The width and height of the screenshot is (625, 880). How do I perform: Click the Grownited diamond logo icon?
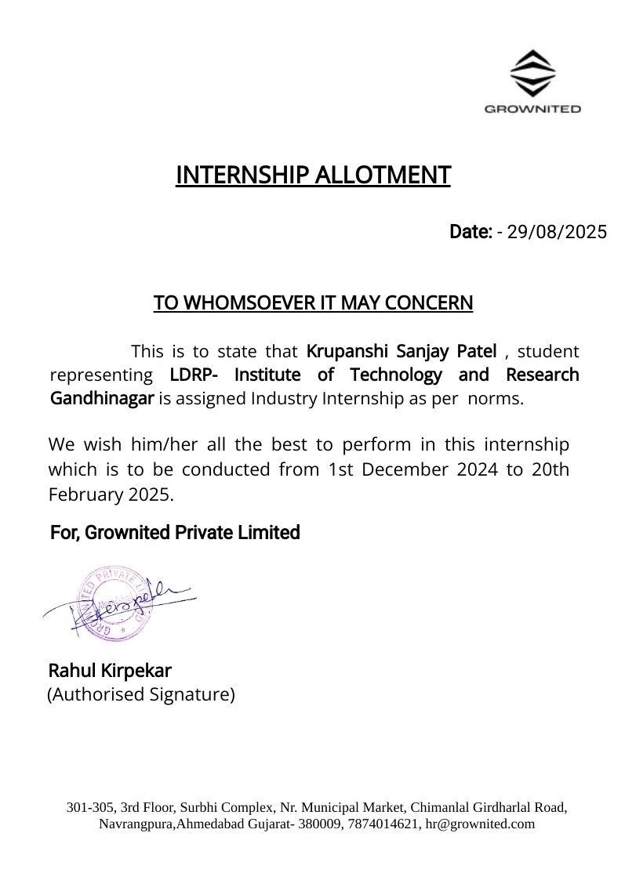point(532,73)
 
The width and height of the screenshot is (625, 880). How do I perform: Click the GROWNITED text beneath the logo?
point(532,109)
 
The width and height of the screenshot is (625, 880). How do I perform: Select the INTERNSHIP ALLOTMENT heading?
point(313,175)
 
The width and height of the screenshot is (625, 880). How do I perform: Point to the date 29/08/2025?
point(557,232)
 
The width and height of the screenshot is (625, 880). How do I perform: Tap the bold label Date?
point(471,232)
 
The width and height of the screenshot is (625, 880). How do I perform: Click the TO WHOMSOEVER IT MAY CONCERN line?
point(313,302)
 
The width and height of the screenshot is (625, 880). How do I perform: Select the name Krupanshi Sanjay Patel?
point(402,350)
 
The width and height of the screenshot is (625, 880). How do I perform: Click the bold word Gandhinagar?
point(102,398)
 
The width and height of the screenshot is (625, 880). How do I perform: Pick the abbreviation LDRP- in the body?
point(194,375)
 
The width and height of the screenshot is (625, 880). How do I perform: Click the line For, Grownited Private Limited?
point(175,533)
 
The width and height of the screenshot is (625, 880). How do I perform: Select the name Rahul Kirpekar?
point(110,671)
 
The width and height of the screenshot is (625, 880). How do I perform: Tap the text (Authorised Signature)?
point(141,694)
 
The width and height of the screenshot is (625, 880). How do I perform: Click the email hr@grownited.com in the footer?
point(480,824)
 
